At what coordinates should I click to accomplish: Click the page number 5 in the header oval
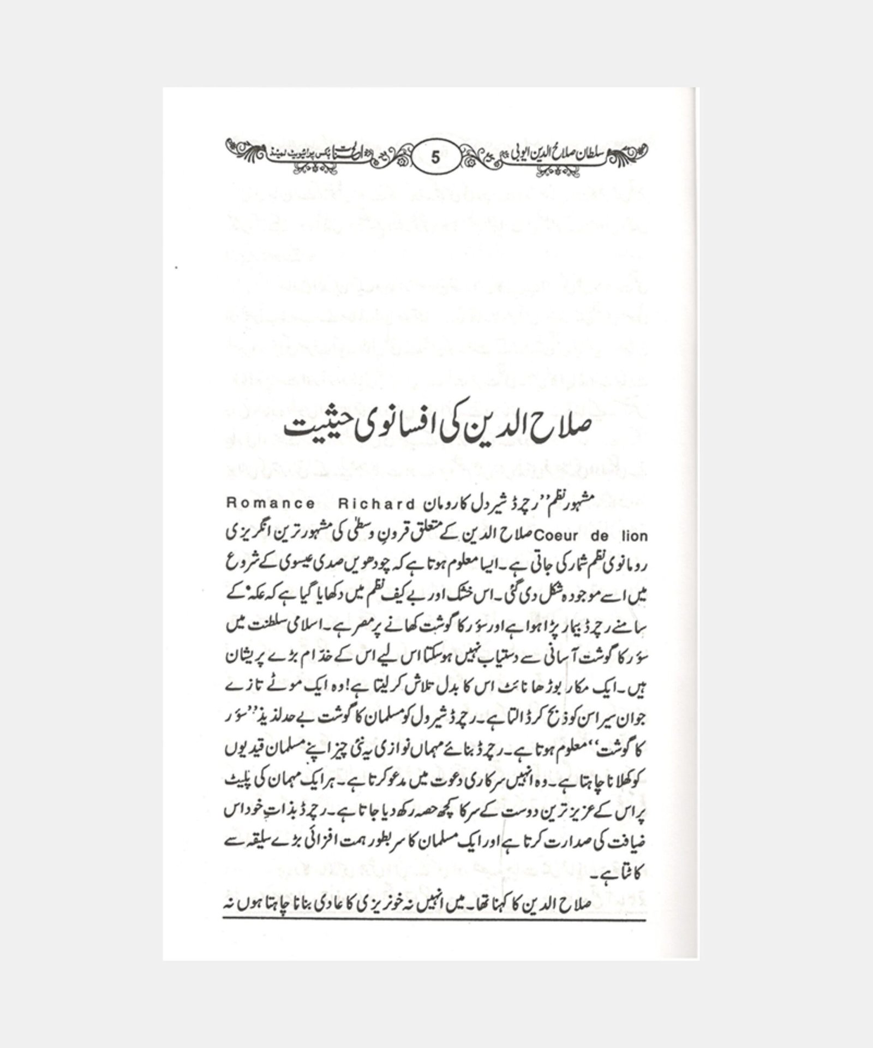[x=435, y=158]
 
